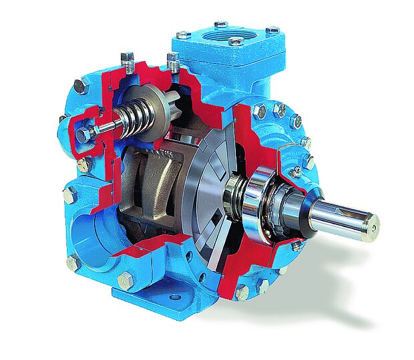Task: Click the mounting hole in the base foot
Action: point(176,297)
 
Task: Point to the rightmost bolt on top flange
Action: point(272,31)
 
